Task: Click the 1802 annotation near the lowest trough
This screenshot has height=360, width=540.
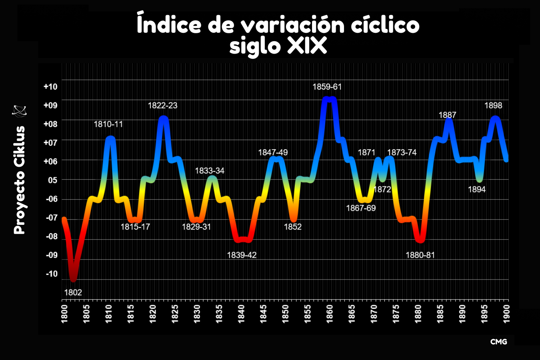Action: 73,292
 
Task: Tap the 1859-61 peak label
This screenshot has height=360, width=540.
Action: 327,87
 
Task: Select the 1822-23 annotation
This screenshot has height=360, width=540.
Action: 162,106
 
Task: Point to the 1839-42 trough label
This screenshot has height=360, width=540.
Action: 242,255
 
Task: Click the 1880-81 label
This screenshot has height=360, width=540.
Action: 420,255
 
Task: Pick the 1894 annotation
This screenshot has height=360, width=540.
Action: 477,190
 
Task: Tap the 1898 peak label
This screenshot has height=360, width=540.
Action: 493,106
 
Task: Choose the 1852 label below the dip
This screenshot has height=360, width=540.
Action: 292,227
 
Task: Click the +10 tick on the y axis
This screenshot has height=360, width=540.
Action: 50,87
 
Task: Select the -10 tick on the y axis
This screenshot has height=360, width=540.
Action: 51,274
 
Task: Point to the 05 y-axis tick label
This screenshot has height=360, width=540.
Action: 52,180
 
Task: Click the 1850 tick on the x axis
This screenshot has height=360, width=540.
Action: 285,314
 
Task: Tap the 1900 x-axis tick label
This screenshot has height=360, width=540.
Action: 506,314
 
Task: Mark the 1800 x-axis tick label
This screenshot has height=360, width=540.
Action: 64,314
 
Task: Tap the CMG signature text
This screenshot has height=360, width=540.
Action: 498,342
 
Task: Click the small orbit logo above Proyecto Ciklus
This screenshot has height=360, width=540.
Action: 19,111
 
